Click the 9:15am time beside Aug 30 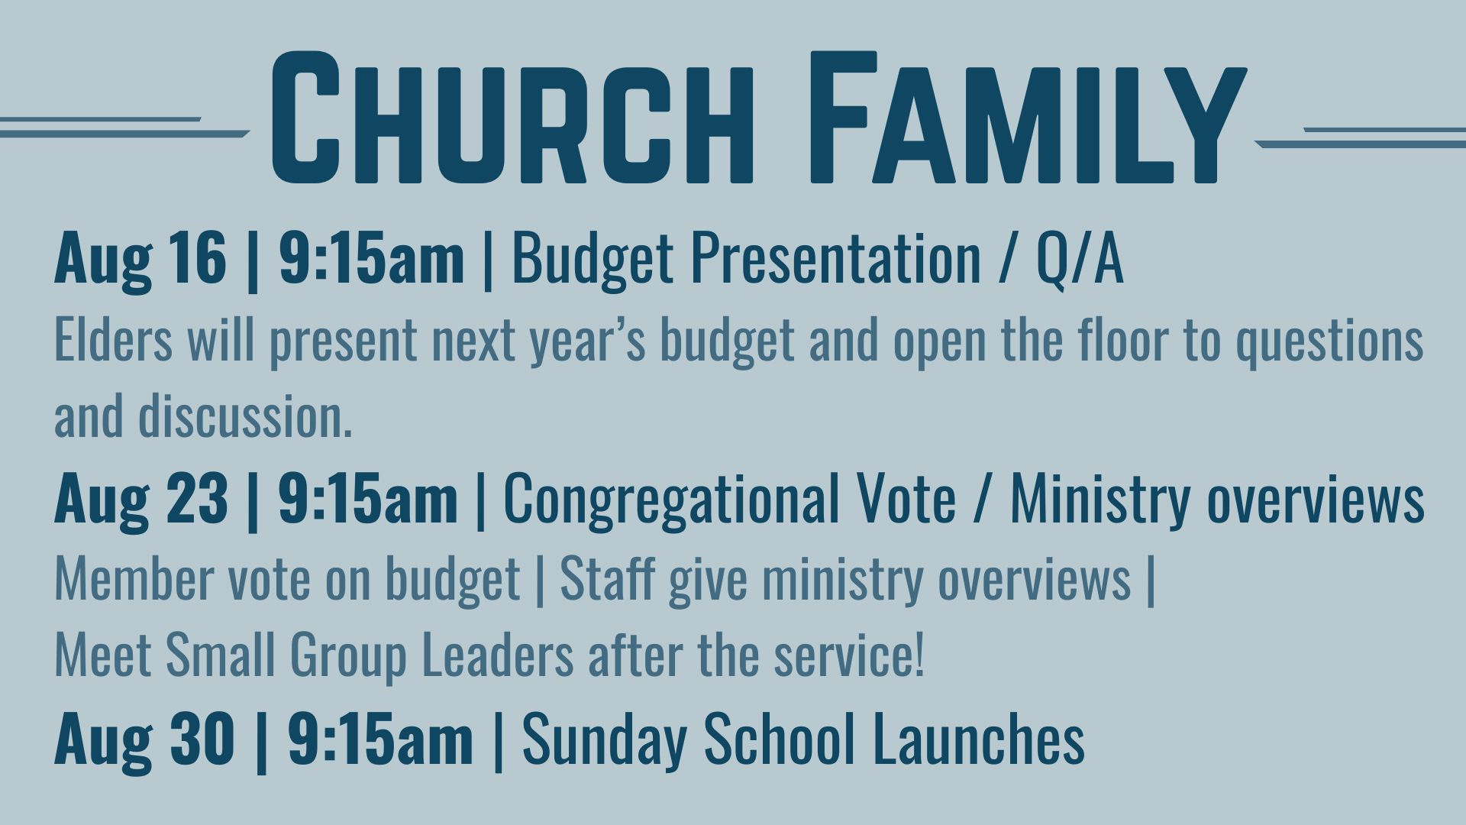click(380, 738)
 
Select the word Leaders click(497, 655)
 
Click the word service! click(849, 655)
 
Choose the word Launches click(979, 738)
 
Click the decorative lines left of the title click(125, 128)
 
